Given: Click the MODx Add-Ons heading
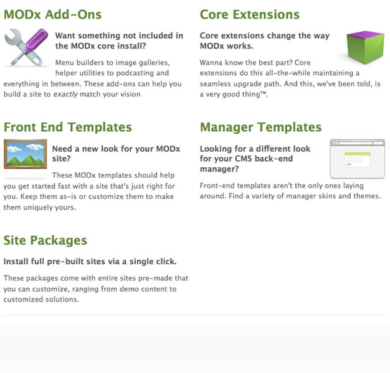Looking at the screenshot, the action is (52, 14).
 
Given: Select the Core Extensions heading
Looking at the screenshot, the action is (249, 14).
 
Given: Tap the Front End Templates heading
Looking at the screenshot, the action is (68, 127).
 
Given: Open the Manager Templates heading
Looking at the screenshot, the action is (260, 127).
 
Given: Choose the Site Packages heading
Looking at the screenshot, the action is (45, 241).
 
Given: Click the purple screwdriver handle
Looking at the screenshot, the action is (37, 39).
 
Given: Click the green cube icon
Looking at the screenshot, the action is (365, 47).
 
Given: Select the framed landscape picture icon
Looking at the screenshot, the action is (25, 154).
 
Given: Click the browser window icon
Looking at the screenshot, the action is (358, 159).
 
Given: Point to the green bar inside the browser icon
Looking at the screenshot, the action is (358, 154).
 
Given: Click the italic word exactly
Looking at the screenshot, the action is (65, 94).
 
